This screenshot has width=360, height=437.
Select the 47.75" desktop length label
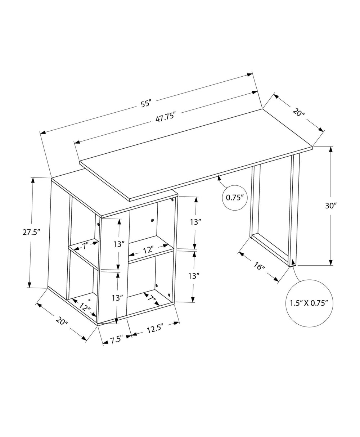click(165, 117)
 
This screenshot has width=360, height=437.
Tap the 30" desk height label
click(330, 206)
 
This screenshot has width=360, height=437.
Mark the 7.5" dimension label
click(116, 339)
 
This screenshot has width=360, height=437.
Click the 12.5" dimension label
click(155, 328)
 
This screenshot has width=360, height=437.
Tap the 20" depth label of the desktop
click(298, 112)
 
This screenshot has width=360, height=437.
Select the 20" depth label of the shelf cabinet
click(62, 320)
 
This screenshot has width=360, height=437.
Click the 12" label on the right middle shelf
click(147, 249)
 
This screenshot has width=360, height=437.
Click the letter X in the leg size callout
click(305, 303)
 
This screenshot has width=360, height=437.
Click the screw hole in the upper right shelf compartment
click(153, 220)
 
